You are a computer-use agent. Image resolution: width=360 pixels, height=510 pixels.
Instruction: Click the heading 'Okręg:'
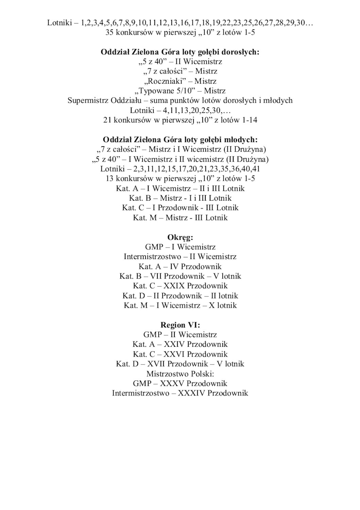pyautogui.click(x=180, y=237)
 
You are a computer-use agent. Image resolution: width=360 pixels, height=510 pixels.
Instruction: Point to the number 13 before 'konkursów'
pyautogui.click(x=109, y=179)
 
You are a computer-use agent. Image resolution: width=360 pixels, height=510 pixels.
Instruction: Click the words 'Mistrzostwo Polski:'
pyautogui.click(x=180, y=374)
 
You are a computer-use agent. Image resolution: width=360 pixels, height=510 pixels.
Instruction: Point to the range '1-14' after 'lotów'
pyautogui.click(x=249, y=120)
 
